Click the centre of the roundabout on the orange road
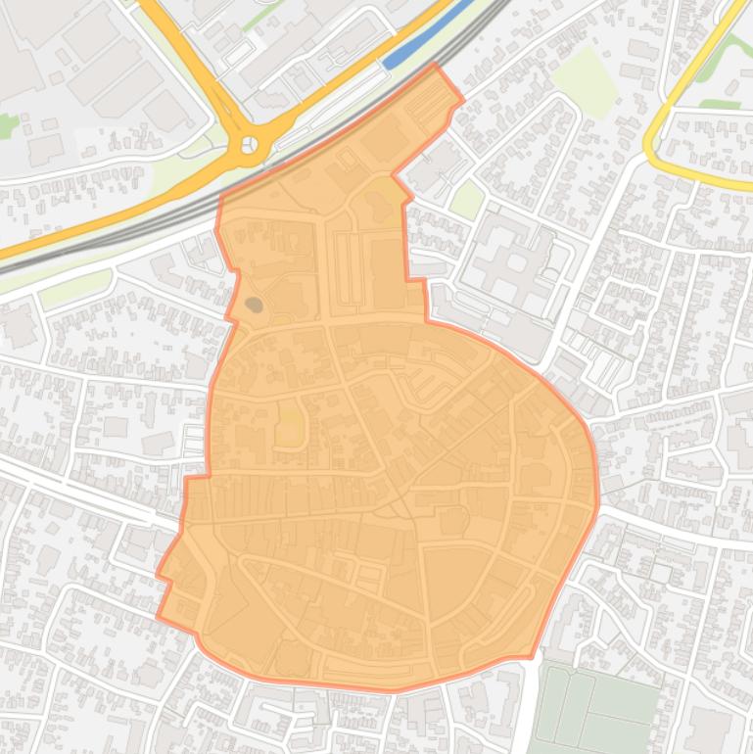pos(249,146)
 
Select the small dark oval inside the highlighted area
pos(254,305)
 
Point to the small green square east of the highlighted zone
pos(468,199)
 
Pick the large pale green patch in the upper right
pos(586,78)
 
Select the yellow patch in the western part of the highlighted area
pos(290,428)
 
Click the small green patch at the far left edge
pos(8,125)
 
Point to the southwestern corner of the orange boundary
pos(160,617)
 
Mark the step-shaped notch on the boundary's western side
pos(189,480)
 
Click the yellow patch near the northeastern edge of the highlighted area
pos(388,192)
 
